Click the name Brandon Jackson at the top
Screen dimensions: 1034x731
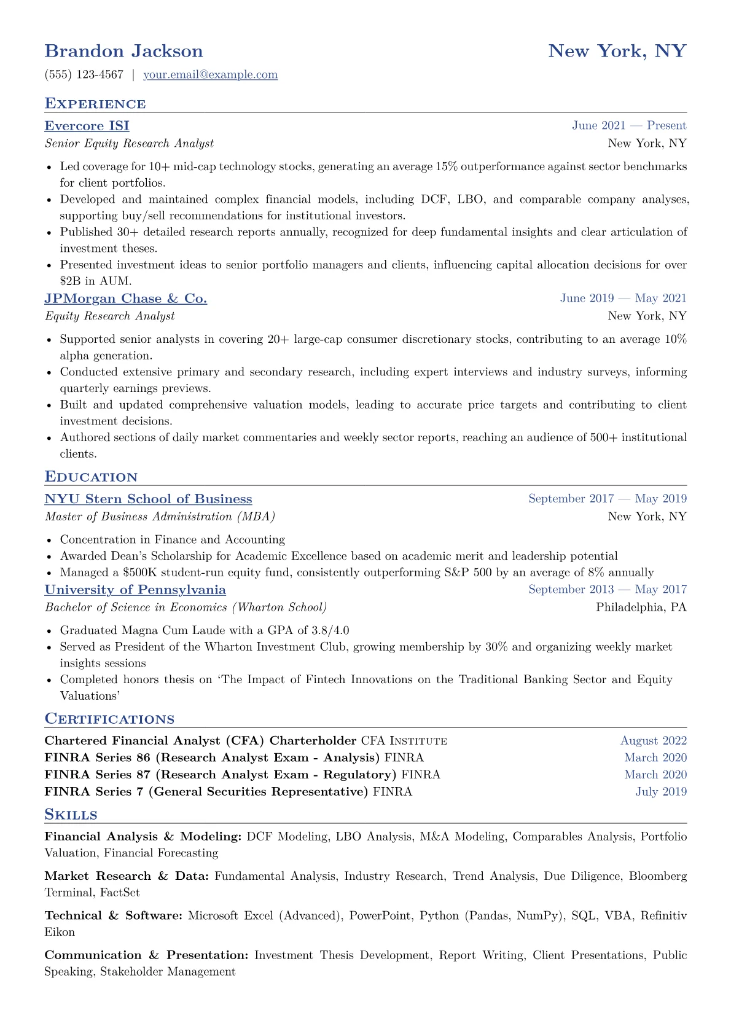[x=123, y=51]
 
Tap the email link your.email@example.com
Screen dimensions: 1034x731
[x=210, y=75]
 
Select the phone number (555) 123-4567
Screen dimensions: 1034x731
[x=84, y=75]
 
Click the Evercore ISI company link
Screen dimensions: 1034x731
[x=87, y=126]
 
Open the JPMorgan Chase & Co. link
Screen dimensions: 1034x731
[x=125, y=299]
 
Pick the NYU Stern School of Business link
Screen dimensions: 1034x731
[x=148, y=499]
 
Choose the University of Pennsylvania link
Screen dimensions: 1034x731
[x=135, y=590]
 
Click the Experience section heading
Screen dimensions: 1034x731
[x=95, y=104]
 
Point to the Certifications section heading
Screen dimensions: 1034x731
[x=109, y=719]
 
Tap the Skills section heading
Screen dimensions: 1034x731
[x=71, y=815]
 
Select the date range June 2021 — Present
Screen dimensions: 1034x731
[x=629, y=126]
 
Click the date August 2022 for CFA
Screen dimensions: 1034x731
[x=653, y=741]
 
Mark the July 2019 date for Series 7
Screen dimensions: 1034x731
[x=661, y=791]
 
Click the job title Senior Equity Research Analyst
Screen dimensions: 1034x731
[x=129, y=144]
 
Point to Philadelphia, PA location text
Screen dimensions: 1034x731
[x=641, y=608]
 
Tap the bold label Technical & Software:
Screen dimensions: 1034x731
[x=114, y=915]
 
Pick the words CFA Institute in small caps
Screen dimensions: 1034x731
[x=404, y=741]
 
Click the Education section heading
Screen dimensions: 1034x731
[x=91, y=477]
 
